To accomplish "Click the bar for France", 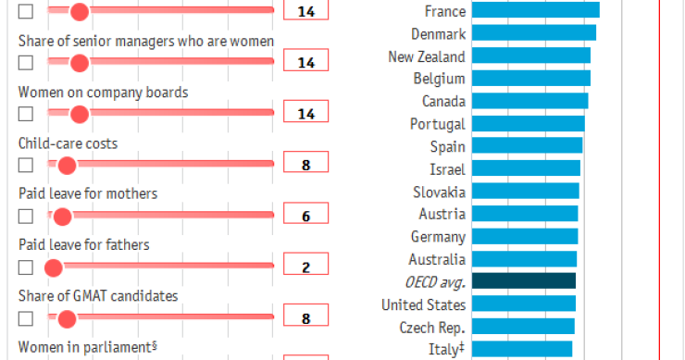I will (535, 11).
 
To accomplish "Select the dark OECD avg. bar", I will (523, 281).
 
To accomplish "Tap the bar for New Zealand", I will (530, 56).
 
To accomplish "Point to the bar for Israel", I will (526, 168).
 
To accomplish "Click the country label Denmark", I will (438, 33).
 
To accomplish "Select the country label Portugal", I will (438, 124).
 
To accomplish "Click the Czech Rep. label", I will (432, 327).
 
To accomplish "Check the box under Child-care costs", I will (26, 165).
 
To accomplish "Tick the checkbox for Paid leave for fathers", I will (26, 267).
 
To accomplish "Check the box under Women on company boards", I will (26, 114).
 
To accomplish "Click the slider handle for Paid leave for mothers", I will (62, 217).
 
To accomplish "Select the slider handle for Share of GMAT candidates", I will (67, 319).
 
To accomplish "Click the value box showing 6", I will (305, 217).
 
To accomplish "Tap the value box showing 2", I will (305, 268).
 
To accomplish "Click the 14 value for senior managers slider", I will (305, 62).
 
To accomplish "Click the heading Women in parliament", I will (85, 347).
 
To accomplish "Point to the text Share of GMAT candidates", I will (98, 296).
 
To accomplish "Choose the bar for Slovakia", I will (525, 192).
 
